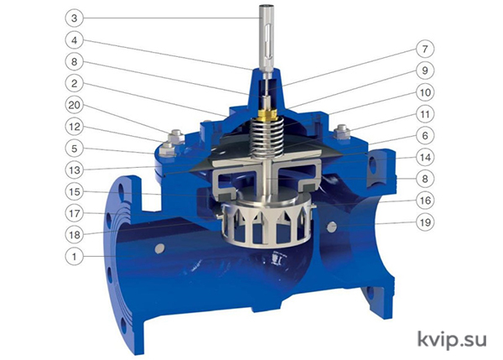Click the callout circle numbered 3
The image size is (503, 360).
[x=75, y=18]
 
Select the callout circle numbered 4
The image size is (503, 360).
[x=75, y=40]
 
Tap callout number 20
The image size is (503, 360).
[x=75, y=105]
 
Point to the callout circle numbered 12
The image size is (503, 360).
[x=75, y=127]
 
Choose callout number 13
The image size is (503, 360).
[x=75, y=170]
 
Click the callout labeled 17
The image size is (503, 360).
[x=75, y=213]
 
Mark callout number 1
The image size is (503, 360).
[x=75, y=257]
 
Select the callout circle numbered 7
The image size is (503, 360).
[x=425, y=49]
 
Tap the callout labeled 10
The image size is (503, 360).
[x=425, y=92]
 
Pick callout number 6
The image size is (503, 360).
[x=425, y=135]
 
